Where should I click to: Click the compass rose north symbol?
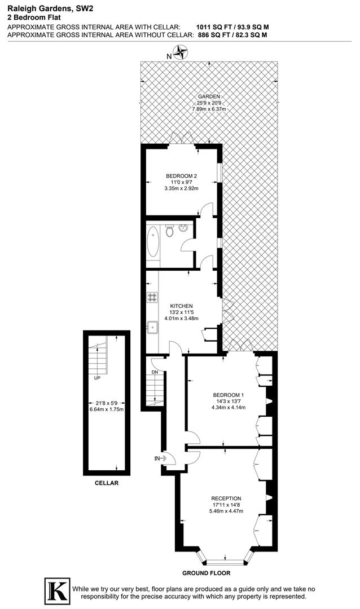pyautogui.click(x=181, y=54)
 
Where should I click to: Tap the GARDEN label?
pyautogui.click(x=209, y=96)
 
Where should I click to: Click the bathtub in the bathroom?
pyautogui.click(x=153, y=242)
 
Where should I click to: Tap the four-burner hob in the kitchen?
pyautogui.click(x=153, y=298)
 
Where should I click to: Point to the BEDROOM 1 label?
pyautogui.click(x=228, y=395)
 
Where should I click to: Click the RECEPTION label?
pyautogui.click(x=226, y=498)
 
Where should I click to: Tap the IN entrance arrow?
pyautogui.click(x=160, y=458)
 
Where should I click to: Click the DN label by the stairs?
pyautogui.click(x=154, y=373)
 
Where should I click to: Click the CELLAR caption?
pyautogui.click(x=107, y=483)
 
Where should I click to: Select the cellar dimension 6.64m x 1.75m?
pyautogui.click(x=107, y=410)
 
